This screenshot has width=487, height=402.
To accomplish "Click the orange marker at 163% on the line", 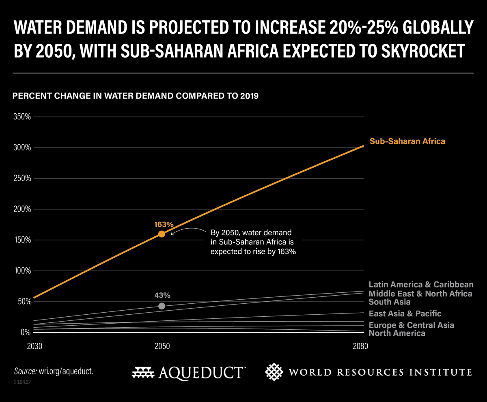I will coord(162,234).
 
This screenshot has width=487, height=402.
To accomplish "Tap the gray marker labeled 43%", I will coord(162,306).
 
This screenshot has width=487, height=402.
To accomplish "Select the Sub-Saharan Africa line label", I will coord(407,141).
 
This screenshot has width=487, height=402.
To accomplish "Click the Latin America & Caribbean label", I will coord(421,285).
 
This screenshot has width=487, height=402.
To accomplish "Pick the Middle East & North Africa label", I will coord(420,294).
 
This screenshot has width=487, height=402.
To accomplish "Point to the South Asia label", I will coord(389,302).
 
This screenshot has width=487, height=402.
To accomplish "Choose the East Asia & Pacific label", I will coord(405,313).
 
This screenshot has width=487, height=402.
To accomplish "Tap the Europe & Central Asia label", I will coord(411,325).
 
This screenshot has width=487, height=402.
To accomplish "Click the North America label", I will coord(396,333).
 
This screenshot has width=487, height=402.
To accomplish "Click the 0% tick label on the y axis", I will coord(25,332).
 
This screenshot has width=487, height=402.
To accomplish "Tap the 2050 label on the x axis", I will coord(162,347).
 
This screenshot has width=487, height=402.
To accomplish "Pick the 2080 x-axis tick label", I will coord(360,347).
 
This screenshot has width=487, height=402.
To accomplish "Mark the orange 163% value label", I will coord(164,224).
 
